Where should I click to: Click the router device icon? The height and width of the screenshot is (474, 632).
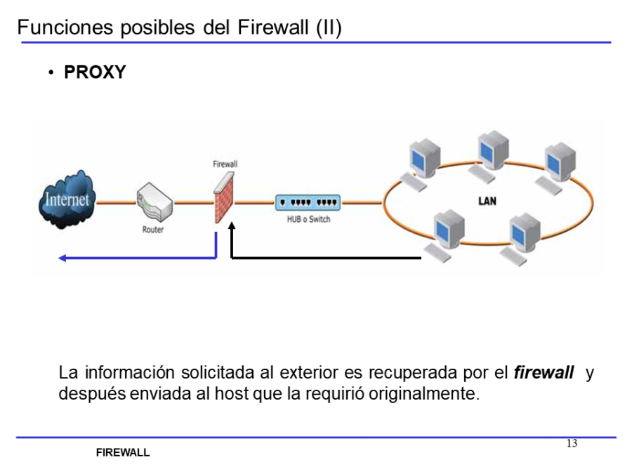pos(153,202)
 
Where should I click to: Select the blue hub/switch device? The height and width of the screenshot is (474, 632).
pos(308,203)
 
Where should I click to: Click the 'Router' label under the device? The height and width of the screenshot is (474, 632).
pos(153,230)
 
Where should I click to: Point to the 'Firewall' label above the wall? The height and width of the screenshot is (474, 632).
pos(225,164)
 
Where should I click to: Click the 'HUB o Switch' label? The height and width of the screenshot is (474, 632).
pos(309,220)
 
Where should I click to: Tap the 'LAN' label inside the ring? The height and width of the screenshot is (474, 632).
pos(487,202)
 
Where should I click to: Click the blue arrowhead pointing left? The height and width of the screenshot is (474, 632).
pos(62,258)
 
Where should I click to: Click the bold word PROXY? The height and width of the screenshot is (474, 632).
pos(95,72)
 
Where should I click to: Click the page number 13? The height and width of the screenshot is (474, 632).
pos(572,443)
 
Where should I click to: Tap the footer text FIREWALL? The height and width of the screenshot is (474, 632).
pos(123,453)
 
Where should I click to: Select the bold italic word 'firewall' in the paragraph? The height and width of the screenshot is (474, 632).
pos(544,373)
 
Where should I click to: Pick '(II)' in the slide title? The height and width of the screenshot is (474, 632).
pos(328,28)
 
